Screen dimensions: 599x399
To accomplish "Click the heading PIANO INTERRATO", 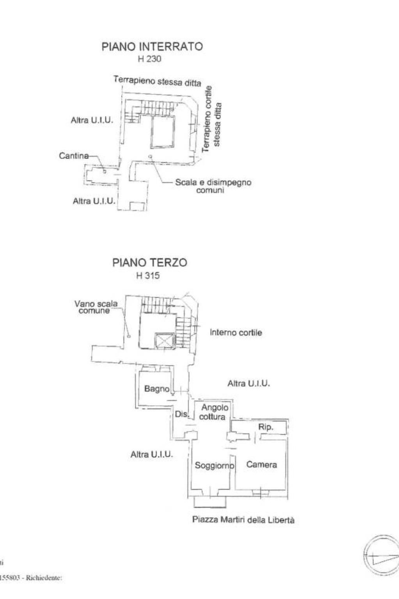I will (152, 46).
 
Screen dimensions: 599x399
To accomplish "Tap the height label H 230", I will (149, 59).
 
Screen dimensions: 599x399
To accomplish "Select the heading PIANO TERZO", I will (149, 263).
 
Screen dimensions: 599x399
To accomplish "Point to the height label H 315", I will (148, 276).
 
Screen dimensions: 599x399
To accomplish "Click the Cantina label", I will (74, 156).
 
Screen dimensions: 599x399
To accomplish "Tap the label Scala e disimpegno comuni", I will (213, 186).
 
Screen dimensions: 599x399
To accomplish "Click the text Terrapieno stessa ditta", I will (157, 81).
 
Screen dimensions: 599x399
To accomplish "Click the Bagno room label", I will (157, 389).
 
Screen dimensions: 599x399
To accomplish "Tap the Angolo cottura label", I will (214, 412).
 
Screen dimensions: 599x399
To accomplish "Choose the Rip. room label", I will (266, 427).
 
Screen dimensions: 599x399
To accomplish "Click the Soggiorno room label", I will (215, 465).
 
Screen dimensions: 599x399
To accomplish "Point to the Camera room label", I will (262, 464).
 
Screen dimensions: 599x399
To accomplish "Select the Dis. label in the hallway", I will (181, 414).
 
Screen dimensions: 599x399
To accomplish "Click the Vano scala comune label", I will (96, 307).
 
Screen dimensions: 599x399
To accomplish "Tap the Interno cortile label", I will (236, 332).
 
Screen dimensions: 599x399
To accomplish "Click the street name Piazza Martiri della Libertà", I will (243, 520).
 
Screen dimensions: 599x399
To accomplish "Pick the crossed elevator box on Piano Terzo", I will (163, 340).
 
